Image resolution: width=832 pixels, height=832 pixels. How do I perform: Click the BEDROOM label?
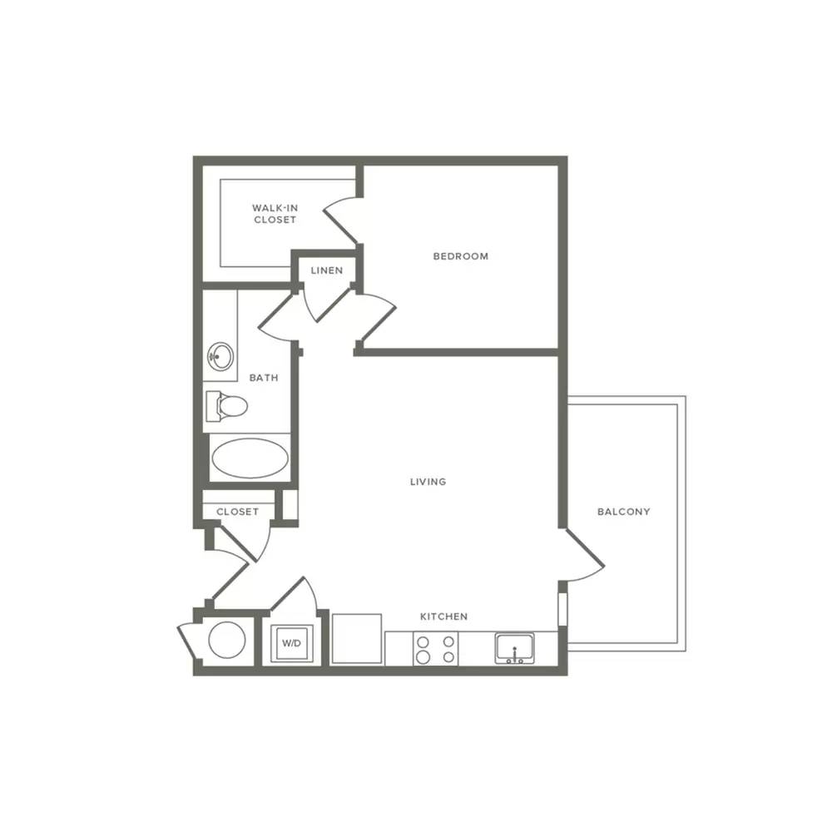pyautogui.click(x=461, y=256)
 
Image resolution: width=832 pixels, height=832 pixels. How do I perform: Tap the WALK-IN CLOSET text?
pyautogui.click(x=275, y=214)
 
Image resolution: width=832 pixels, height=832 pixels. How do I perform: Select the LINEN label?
pyautogui.click(x=327, y=270)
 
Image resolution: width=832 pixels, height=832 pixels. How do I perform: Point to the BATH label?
pyautogui.click(x=264, y=378)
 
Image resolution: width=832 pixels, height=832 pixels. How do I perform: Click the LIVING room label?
pyautogui.click(x=428, y=482)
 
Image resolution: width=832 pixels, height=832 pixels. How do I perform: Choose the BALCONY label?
pyautogui.click(x=623, y=512)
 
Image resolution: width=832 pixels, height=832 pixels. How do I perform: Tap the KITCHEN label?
pyautogui.click(x=444, y=617)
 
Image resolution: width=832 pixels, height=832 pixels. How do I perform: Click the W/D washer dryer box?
pyautogui.click(x=292, y=643)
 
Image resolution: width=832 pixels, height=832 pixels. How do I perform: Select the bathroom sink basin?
pyautogui.click(x=220, y=356)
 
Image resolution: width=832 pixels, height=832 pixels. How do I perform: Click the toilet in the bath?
pyautogui.click(x=226, y=407)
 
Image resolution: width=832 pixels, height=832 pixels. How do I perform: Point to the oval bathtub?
pyautogui.click(x=250, y=458)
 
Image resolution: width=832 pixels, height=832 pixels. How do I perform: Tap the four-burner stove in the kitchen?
pyautogui.click(x=436, y=649)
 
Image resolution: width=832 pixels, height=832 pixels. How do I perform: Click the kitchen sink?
pyautogui.click(x=514, y=648)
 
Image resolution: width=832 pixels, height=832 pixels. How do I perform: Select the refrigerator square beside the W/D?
pyautogui.click(x=357, y=638)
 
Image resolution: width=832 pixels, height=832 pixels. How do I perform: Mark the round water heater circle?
pyautogui.click(x=227, y=640)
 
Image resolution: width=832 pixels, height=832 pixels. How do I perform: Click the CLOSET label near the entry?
pyautogui.click(x=238, y=512)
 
